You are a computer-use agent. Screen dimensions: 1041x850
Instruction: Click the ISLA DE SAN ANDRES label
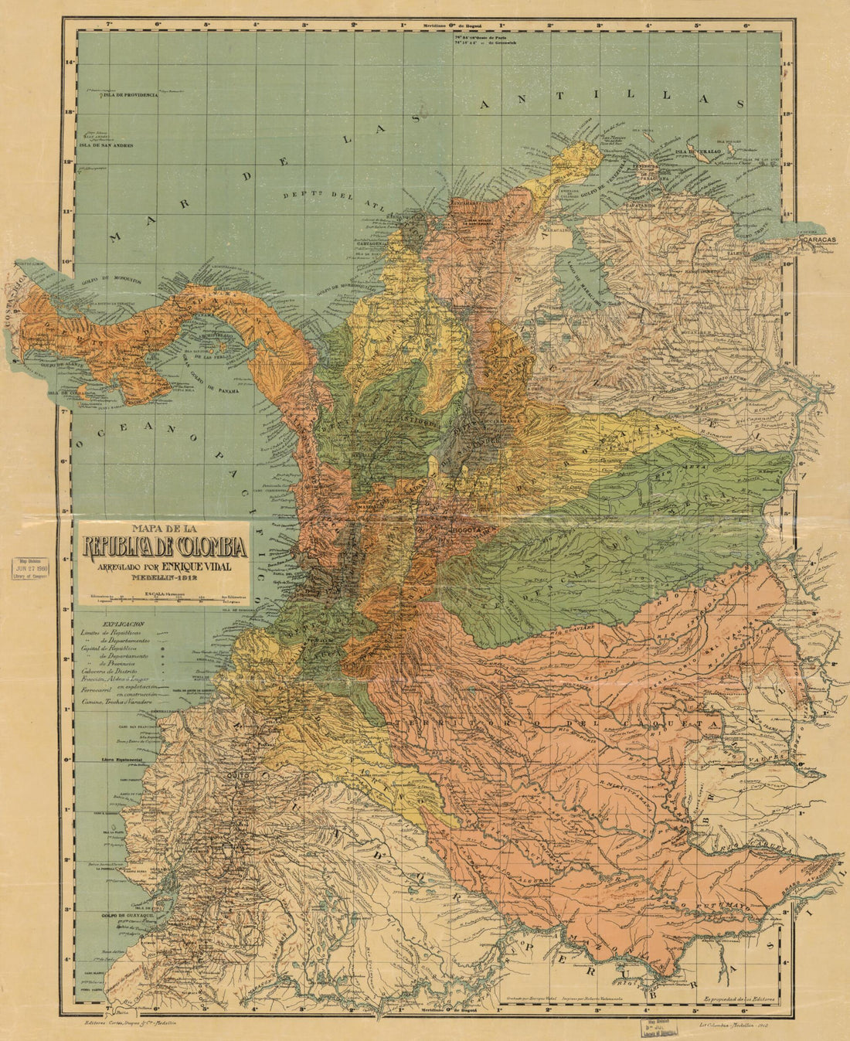107,145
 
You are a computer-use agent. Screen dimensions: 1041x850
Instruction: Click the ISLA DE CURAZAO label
699,151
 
